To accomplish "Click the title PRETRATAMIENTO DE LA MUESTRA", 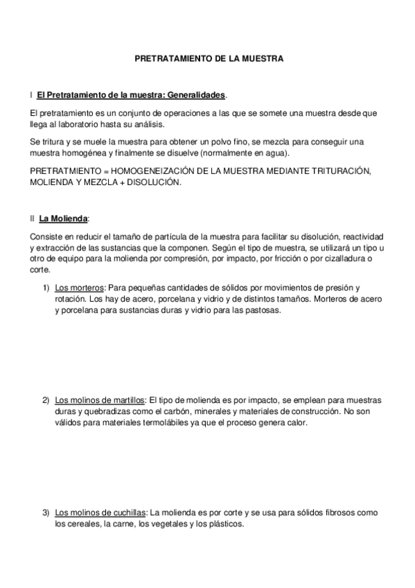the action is [209, 60].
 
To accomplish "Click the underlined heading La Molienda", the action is [63, 218].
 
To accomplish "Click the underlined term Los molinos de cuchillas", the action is [100, 512].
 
